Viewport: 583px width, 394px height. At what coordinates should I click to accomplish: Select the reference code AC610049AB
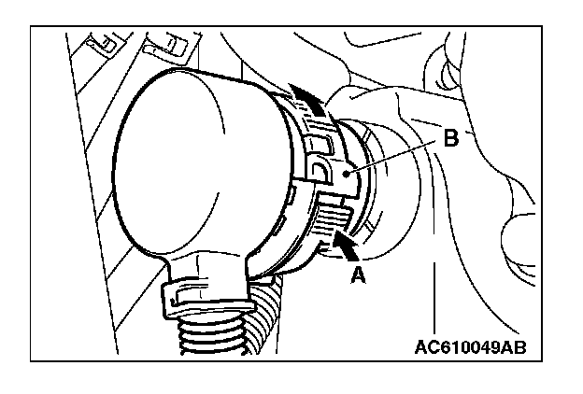click(469, 348)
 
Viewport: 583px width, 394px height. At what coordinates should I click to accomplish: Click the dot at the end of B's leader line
click(347, 172)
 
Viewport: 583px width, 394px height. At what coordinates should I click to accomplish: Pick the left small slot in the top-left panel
click(103, 43)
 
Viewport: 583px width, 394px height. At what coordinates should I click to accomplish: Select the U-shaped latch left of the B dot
click(320, 173)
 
